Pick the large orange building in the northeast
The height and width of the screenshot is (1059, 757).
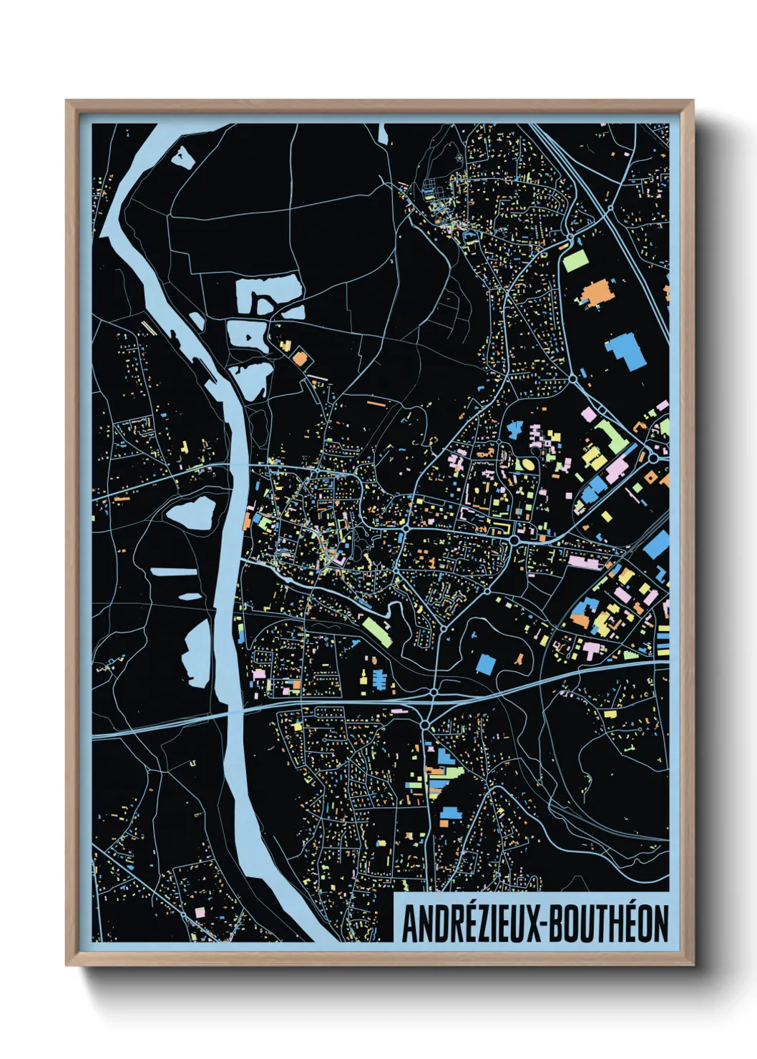coord(595,293)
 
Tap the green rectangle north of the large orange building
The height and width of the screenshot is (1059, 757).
coord(575,260)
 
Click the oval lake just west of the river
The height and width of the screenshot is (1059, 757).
coord(191,513)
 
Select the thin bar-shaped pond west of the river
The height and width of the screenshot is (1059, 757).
coord(172,572)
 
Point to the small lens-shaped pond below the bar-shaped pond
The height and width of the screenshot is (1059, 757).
coord(190,595)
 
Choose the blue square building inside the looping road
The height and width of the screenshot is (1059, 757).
coord(485,663)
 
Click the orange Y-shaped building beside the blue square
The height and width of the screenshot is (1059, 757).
coord(520,658)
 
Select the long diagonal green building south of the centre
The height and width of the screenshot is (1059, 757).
coord(376,631)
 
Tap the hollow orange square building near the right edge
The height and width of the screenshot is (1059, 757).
coord(650,476)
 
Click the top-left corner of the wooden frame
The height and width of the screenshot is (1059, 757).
coord(67,102)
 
